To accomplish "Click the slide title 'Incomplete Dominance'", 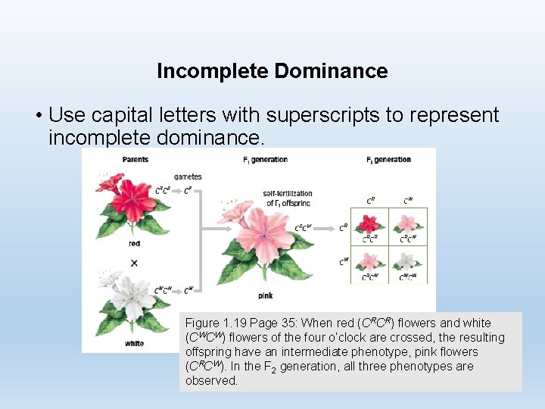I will pyautogui.click(x=272, y=71).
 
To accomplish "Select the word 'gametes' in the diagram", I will pyautogui.click(x=188, y=176).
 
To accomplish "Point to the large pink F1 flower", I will pyautogui.click(x=265, y=235).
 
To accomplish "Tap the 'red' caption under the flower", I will pyautogui.click(x=134, y=244).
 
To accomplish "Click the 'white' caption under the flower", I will pyautogui.click(x=134, y=343).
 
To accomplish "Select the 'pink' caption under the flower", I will pyautogui.click(x=266, y=295).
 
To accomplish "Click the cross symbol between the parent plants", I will pyautogui.click(x=134, y=263).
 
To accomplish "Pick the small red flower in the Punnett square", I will pyautogui.click(x=370, y=223).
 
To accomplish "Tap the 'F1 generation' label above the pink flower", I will pyautogui.click(x=265, y=160).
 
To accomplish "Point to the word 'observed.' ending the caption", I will pyautogui.click(x=211, y=380).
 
